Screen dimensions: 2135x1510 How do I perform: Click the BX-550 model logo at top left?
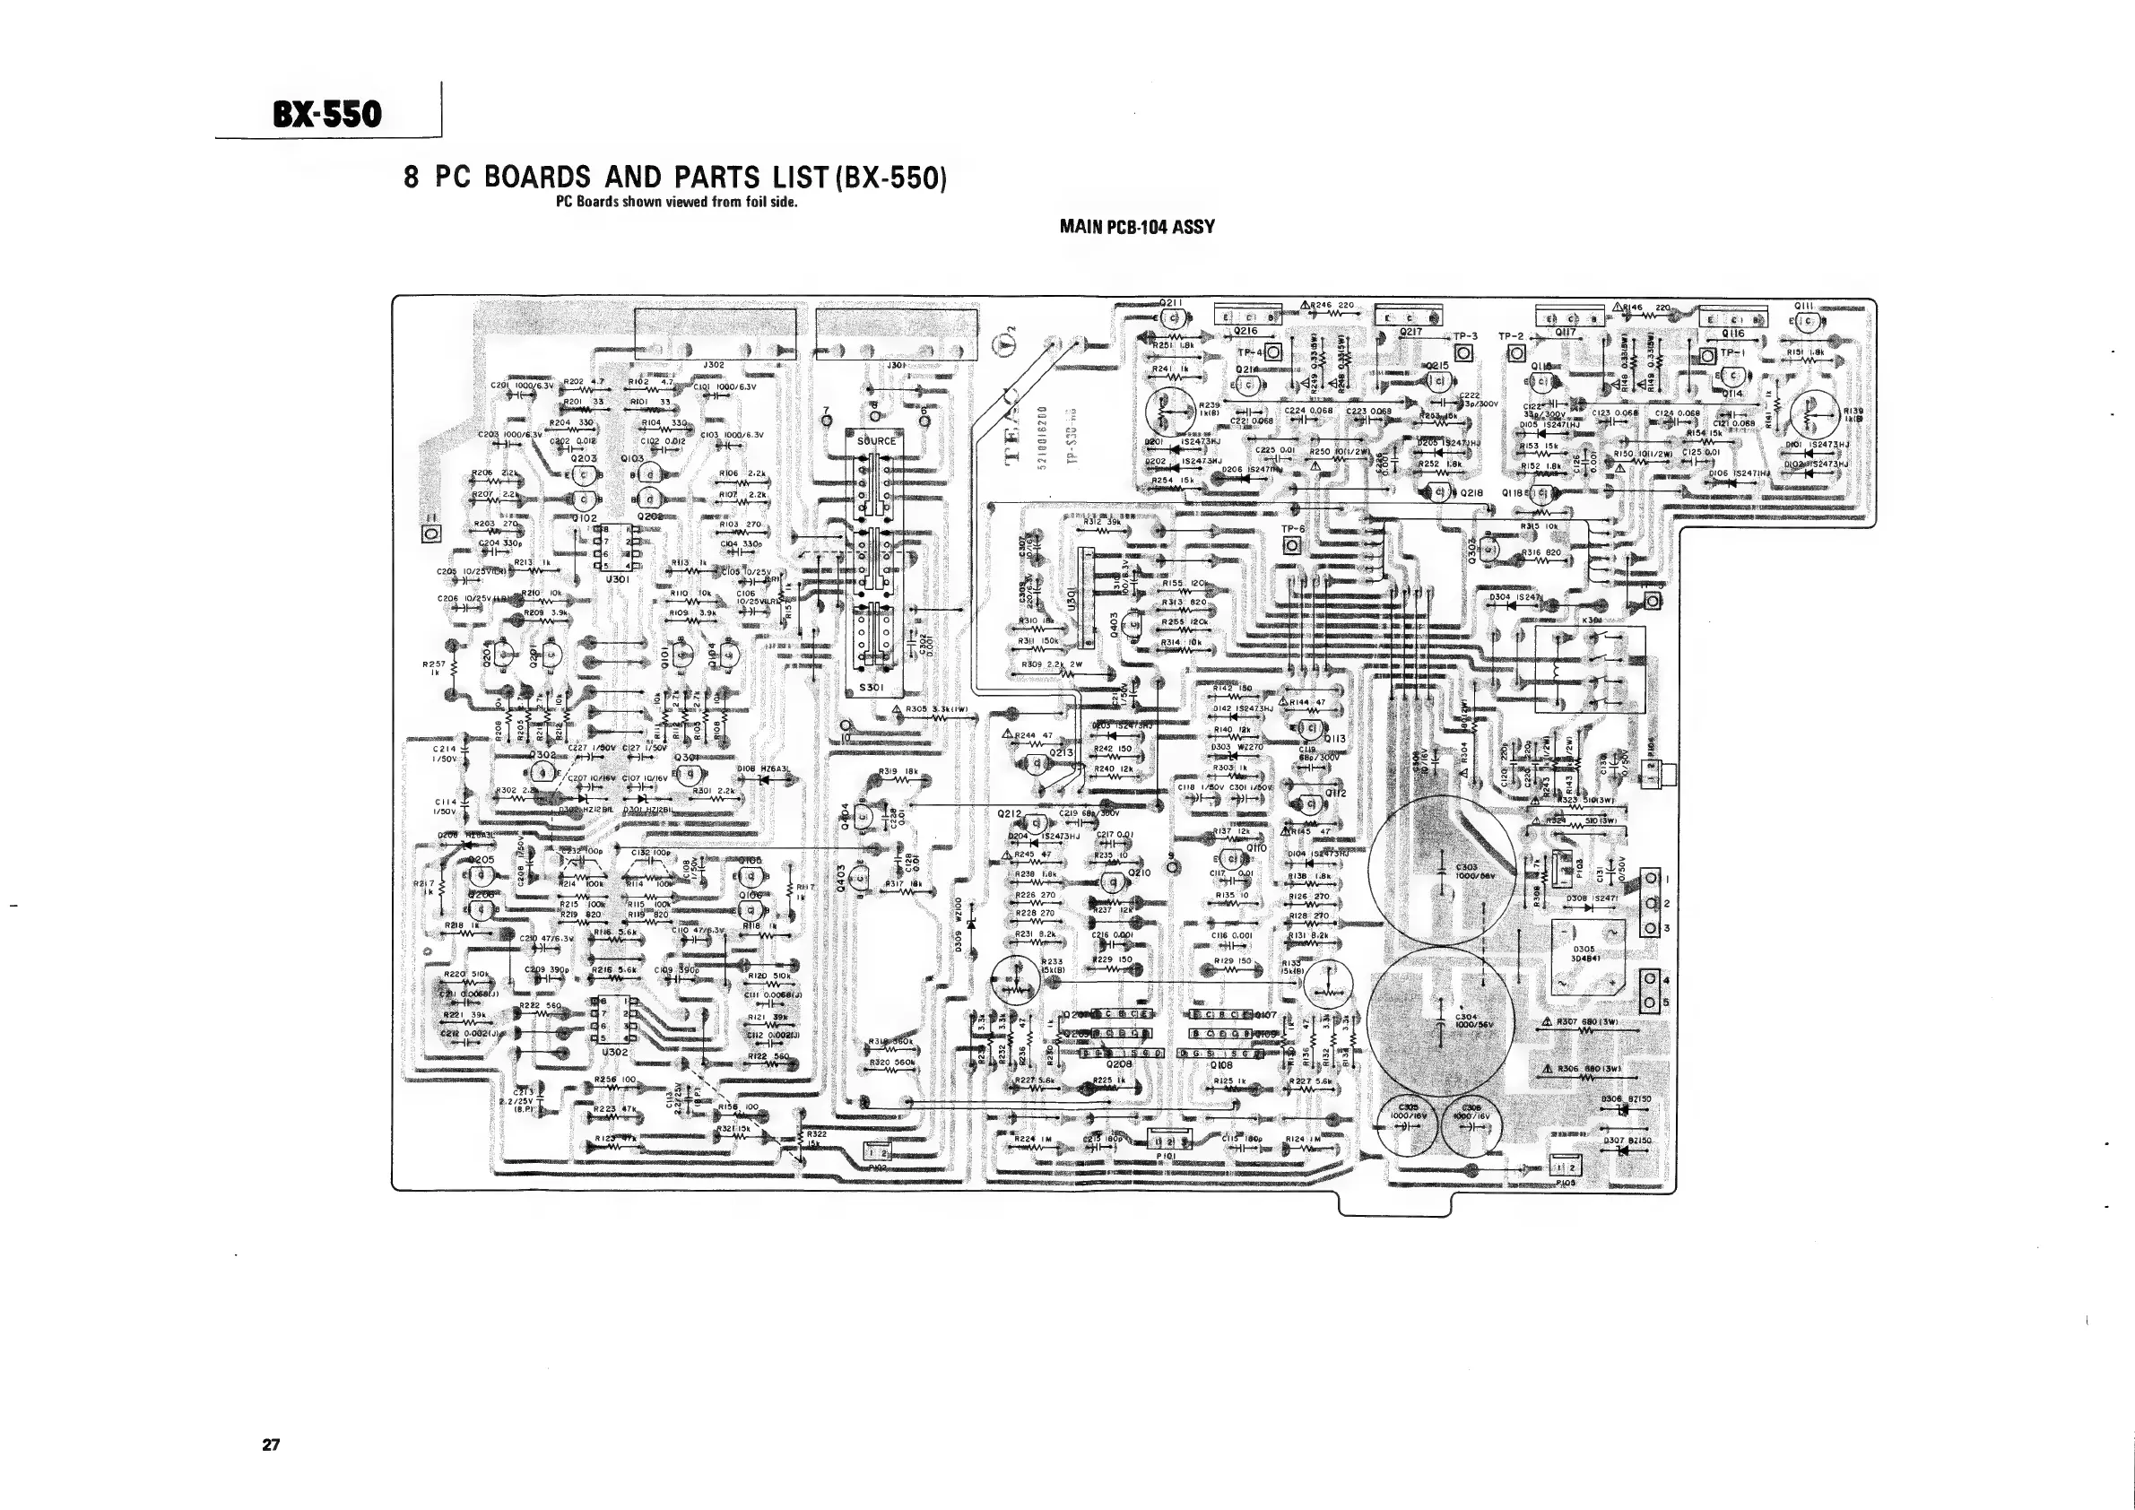[326, 114]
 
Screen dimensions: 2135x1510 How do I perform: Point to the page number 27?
[271, 1444]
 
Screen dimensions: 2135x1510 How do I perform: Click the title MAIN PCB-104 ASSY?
[1136, 227]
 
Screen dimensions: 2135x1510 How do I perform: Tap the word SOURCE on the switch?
[876, 441]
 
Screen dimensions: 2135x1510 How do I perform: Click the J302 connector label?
[713, 366]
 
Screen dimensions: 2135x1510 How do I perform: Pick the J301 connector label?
[896, 366]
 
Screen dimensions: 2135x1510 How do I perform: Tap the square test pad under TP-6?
[1292, 546]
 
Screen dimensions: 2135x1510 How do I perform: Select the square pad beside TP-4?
[1273, 352]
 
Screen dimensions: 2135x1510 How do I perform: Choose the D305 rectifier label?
[1584, 953]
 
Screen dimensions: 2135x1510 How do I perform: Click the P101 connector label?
[1165, 1156]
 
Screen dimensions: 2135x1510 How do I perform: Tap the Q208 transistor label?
[1119, 1064]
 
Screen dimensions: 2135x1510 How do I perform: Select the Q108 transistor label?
[1221, 1064]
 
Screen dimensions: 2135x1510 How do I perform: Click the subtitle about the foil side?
[676, 202]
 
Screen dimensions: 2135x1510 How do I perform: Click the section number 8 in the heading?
[411, 177]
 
